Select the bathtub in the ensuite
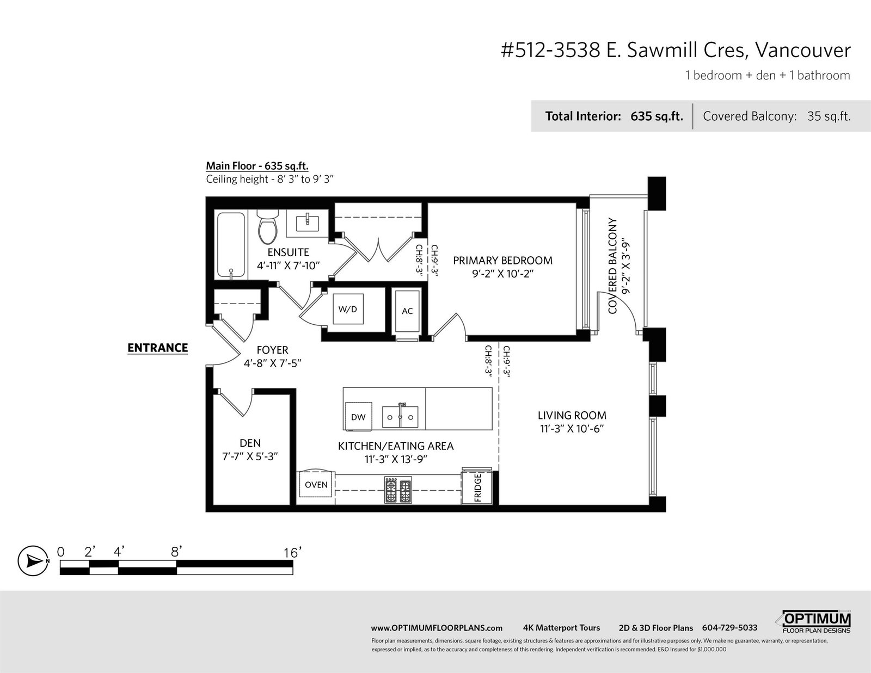click(x=230, y=245)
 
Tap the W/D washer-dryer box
click(x=348, y=309)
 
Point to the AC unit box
click(x=407, y=311)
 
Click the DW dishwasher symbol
click(x=358, y=417)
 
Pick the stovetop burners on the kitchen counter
click(x=398, y=490)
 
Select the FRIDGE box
click(x=476, y=487)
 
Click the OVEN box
click(x=316, y=484)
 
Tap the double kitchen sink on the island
click(x=400, y=417)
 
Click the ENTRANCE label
click(x=157, y=348)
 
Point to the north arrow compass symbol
click(x=33, y=561)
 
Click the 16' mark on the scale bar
click(x=292, y=553)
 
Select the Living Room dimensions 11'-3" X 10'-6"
click(x=572, y=429)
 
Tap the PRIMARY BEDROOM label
click(x=502, y=261)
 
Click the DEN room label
click(x=250, y=443)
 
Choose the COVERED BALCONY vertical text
click(x=612, y=266)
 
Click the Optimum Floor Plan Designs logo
click(x=814, y=622)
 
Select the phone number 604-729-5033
click(x=729, y=628)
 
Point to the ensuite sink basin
click(x=308, y=224)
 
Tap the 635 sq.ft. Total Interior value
click(x=657, y=116)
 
